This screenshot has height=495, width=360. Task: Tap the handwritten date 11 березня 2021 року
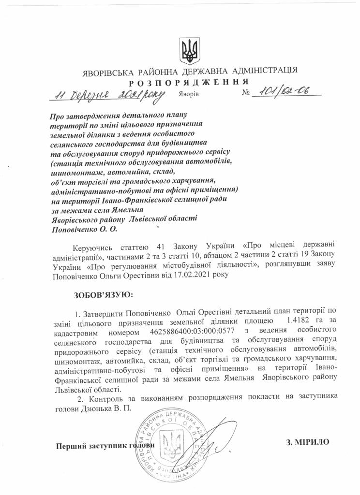pos(107,93)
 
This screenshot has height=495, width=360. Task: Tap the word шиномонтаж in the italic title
pos(72,172)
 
